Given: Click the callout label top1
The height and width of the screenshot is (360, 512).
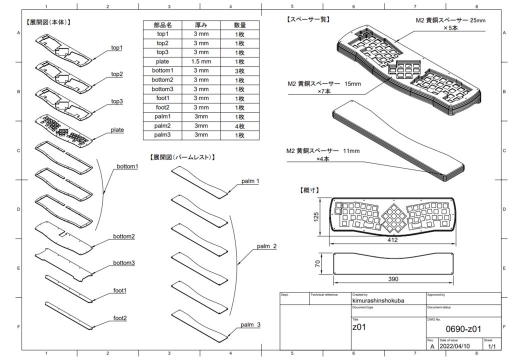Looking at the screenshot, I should coord(117,47).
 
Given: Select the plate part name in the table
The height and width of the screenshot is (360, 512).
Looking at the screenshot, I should coord(162,61).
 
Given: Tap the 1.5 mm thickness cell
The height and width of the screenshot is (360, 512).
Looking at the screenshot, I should coord(201,61).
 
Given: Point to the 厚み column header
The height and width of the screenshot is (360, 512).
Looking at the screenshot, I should coord(201,25).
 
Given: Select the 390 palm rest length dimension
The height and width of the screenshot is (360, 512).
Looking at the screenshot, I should coord(392,279).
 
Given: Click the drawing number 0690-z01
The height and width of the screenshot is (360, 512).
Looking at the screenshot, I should coord(463,328).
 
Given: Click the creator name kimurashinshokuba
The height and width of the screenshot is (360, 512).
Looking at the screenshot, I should coord(378,300).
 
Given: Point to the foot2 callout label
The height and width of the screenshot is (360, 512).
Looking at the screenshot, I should coord(120,318).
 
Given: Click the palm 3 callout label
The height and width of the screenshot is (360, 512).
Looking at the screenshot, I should coord(250,325).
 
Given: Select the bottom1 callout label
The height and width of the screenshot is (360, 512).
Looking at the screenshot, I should coord(127,166).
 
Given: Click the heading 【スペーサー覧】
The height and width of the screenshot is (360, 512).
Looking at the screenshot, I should coord(307,20).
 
